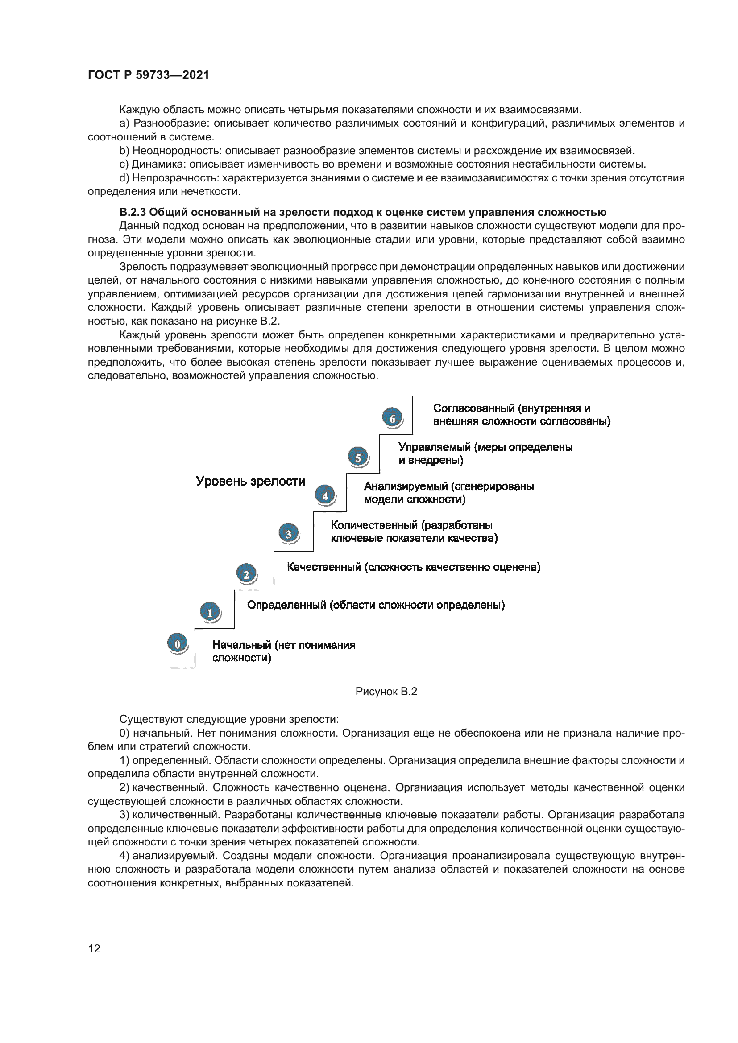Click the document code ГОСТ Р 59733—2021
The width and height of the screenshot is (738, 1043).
click(x=148, y=75)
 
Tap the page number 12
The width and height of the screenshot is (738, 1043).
click(x=94, y=948)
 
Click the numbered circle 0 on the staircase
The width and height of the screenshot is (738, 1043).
click(x=177, y=644)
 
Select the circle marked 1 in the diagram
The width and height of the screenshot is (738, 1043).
click(x=210, y=612)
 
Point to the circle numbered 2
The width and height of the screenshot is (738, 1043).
click(x=246, y=574)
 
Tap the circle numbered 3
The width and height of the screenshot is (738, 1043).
click(x=289, y=534)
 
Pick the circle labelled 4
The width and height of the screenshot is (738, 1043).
click(x=325, y=495)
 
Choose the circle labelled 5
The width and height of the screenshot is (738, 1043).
click(x=358, y=457)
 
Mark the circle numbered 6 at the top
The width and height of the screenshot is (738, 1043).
click(x=392, y=418)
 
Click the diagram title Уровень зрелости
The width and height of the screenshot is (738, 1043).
click(x=250, y=481)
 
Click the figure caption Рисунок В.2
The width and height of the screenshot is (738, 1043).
click(x=386, y=692)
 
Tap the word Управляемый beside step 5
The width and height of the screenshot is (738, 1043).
click(x=435, y=447)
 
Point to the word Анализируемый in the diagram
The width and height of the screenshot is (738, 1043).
click(x=405, y=486)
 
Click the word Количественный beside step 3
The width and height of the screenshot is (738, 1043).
click(x=374, y=525)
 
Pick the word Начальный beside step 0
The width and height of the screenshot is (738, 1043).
click(x=241, y=645)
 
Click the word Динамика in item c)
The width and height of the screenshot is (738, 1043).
click(x=158, y=164)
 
